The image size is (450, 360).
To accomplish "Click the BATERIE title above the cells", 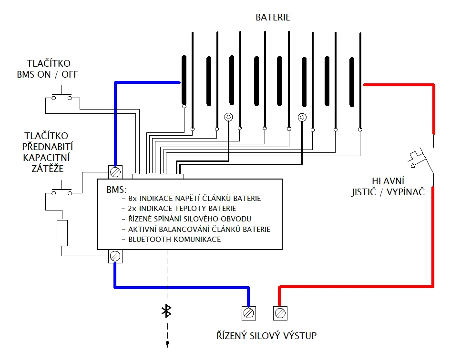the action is (273, 17).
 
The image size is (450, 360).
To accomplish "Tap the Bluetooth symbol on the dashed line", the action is (167, 311).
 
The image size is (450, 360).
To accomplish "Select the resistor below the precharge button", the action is (62, 233).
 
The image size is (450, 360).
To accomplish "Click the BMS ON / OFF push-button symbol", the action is (61, 95).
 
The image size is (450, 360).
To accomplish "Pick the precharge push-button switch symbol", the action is (61, 190).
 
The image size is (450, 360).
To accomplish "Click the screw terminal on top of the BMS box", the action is (115, 172).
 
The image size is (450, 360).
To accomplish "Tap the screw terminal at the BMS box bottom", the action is (115, 256).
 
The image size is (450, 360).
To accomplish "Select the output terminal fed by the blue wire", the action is (248, 313).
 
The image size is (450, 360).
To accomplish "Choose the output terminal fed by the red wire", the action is (280, 313).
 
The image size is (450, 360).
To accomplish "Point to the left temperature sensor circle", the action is (228, 117).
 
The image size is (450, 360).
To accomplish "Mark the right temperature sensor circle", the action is (302, 117).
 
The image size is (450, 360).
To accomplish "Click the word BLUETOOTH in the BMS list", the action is (150, 240).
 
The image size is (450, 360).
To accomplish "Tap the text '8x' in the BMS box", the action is (133, 199).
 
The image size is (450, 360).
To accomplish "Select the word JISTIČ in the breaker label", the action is (364, 192).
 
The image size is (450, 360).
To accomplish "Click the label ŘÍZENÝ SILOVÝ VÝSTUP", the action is (266, 336).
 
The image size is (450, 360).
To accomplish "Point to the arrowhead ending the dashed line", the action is (167, 344).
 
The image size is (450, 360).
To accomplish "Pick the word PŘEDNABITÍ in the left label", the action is (48, 147).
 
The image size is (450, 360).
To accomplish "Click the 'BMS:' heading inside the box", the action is (116, 190).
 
